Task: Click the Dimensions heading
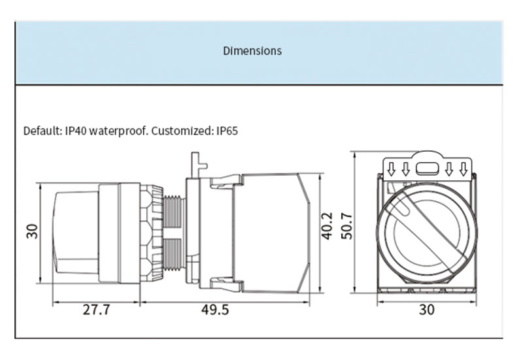point(252,51)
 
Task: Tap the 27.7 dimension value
point(96,310)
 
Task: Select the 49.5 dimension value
point(215,310)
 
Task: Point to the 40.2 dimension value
point(327,225)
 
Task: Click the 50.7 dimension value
point(347,225)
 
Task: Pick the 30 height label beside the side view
point(32,231)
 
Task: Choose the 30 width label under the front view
point(427,310)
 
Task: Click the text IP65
point(227,131)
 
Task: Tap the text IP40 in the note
point(76,131)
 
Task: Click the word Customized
point(182,131)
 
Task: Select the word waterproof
point(118,131)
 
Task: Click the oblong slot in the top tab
point(427,169)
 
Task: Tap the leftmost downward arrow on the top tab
point(391,169)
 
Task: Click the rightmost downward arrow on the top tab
point(463,169)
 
